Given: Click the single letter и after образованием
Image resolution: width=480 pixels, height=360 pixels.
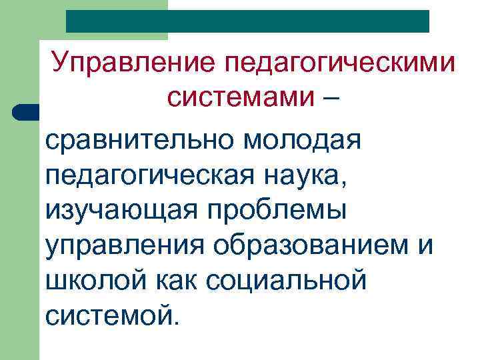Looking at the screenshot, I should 425,245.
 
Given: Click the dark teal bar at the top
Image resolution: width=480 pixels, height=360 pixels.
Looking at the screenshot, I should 247,21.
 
